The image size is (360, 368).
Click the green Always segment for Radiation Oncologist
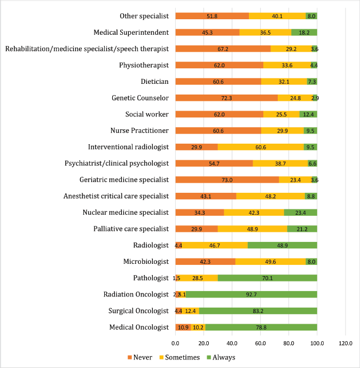click(252, 294)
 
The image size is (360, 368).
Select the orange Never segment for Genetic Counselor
click(226, 98)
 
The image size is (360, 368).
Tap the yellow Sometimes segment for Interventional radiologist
click(261, 147)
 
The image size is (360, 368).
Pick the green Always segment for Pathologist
click(267, 278)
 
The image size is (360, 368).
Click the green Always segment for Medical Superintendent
click(304, 32)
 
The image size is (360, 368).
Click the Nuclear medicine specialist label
click(126, 213)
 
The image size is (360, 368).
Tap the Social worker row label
click(147, 114)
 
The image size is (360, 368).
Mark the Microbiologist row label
click(146, 262)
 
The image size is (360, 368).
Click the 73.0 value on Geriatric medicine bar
click(227, 180)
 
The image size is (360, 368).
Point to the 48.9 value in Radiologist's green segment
click(283, 245)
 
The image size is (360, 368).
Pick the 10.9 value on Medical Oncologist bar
click(183, 327)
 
